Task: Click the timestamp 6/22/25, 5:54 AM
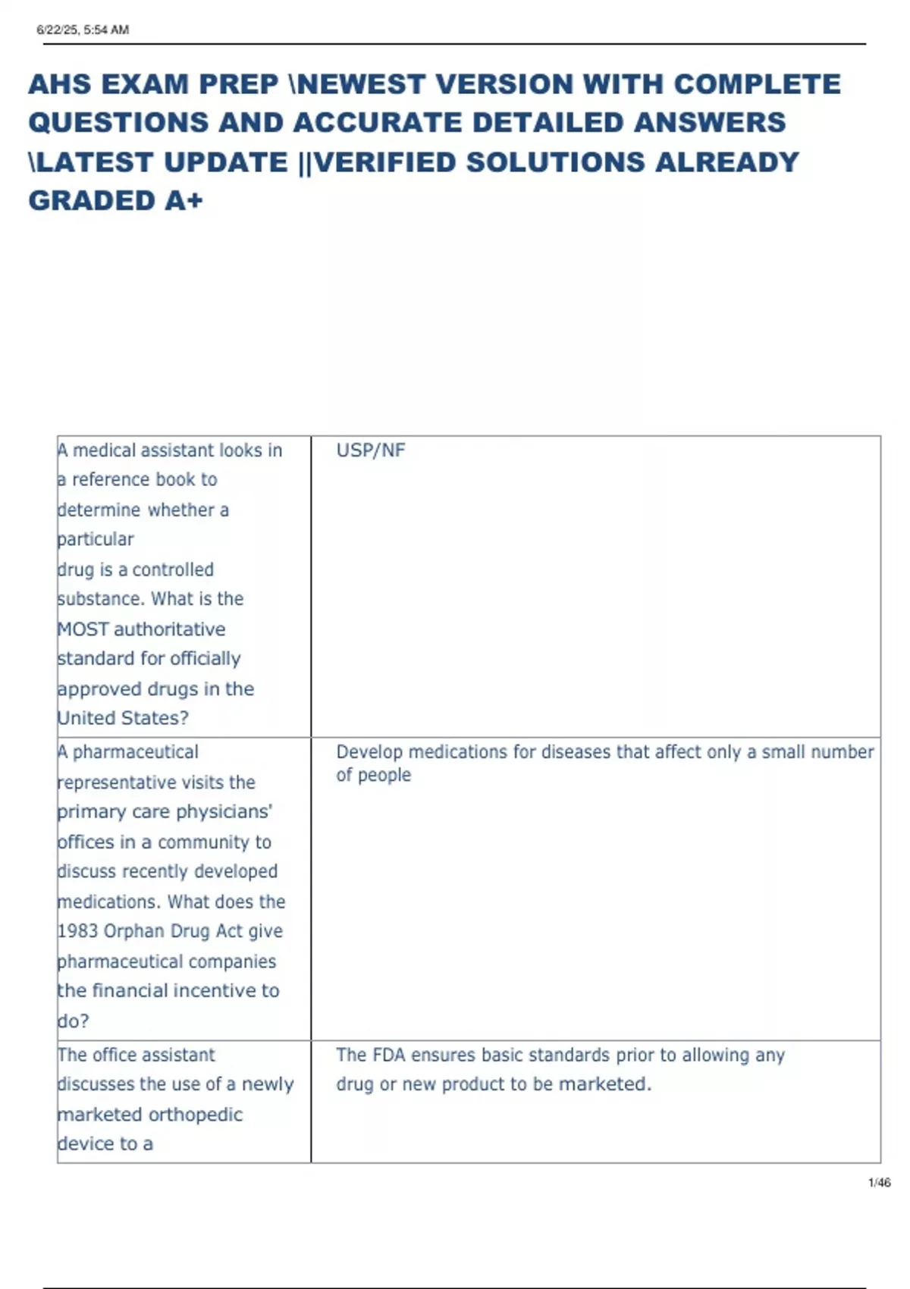click(x=83, y=30)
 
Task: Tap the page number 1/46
click(x=879, y=1183)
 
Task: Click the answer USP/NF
click(x=371, y=450)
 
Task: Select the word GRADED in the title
click(x=92, y=201)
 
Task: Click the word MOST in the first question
click(x=83, y=629)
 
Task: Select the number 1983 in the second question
click(x=77, y=931)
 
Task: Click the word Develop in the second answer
click(x=369, y=752)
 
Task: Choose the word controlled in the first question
click(x=173, y=569)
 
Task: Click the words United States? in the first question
click(x=123, y=718)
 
